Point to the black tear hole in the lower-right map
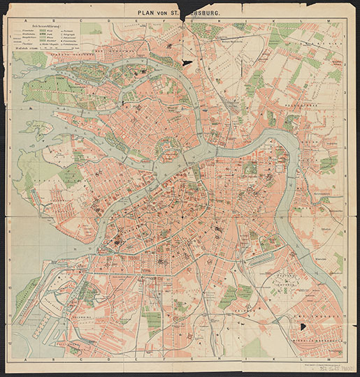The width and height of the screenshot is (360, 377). (303, 326)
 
